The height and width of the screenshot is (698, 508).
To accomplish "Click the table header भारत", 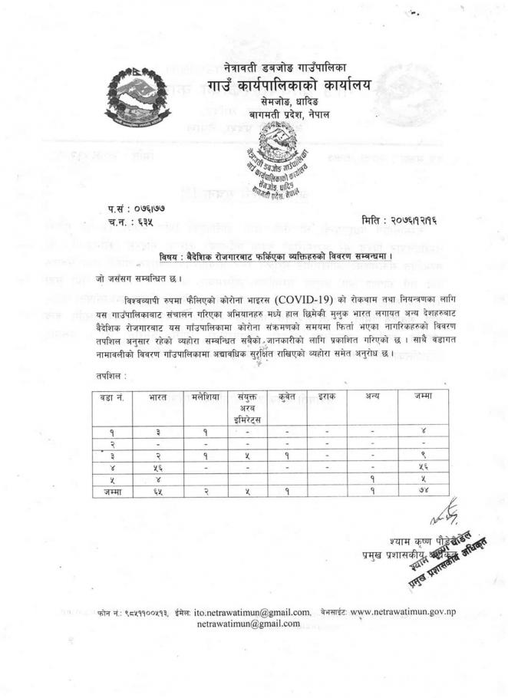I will point(157,397).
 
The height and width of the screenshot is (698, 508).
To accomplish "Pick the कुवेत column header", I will point(287,397).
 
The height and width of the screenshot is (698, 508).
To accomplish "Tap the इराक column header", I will point(326,397).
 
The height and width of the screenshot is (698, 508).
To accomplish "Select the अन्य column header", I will point(372,397).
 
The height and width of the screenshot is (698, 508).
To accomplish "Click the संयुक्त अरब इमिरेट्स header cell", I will point(247,408).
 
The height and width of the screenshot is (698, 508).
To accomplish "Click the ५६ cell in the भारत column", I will point(157,467).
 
